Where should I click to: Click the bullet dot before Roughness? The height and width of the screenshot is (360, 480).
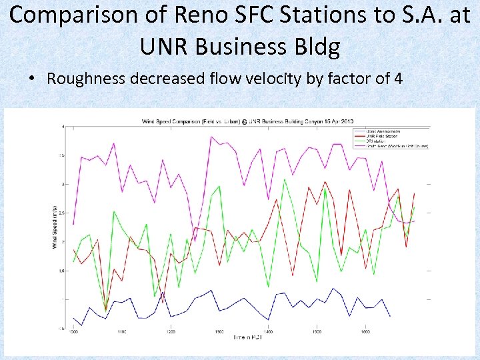point(32,79)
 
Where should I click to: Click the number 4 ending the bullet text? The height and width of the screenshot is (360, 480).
point(398,79)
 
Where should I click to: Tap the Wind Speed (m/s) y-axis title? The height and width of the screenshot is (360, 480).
point(55,227)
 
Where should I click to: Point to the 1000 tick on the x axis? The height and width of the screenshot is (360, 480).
point(73,331)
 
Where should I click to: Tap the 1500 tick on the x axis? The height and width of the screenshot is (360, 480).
point(317,331)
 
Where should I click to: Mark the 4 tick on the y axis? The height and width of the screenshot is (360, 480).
point(63,127)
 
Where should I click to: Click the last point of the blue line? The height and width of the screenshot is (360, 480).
point(390,315)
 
